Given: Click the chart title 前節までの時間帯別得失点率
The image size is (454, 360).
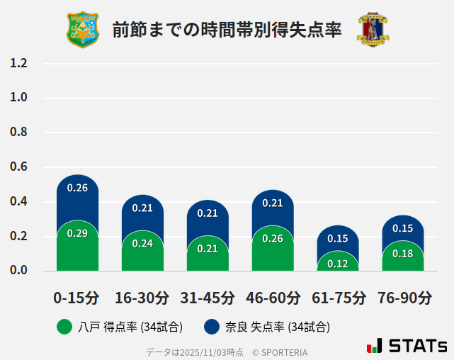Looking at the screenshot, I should (227, 30).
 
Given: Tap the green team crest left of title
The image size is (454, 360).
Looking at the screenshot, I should (83, 29).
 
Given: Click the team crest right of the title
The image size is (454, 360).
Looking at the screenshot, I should (373, 29).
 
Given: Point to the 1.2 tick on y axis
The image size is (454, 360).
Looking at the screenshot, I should (18, 64).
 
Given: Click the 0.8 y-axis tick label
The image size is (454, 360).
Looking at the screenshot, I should (18, 133).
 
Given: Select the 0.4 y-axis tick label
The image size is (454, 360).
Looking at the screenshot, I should (18, 202).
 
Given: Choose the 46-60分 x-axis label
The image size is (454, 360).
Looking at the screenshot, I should (273, 298).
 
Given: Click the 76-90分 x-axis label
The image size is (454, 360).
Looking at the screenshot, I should (404, 298).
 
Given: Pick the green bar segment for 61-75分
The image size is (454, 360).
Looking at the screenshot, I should (338, 262).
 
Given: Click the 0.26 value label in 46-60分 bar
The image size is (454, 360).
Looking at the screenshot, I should (273, 239).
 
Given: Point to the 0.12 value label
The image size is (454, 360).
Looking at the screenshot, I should (338, 264).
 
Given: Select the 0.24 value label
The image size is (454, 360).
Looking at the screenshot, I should (142, 243).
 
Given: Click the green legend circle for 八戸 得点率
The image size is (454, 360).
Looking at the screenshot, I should (64, 327).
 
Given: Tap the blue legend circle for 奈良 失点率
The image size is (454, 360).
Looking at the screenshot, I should (211, 327).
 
